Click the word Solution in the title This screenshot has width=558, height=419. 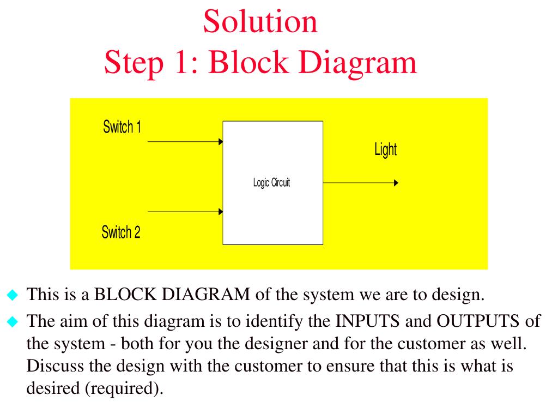coord(260,22)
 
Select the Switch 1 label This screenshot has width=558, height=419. coord(122,128)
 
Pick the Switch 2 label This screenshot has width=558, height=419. coord(121,233)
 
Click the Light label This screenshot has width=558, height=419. coord(385,149)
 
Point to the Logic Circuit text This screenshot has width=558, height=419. coord(271,183)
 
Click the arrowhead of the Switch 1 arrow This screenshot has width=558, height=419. coord(221,142)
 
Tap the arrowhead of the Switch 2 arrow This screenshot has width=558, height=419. coord(221,212)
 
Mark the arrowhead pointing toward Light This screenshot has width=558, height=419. coord(396,183)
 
